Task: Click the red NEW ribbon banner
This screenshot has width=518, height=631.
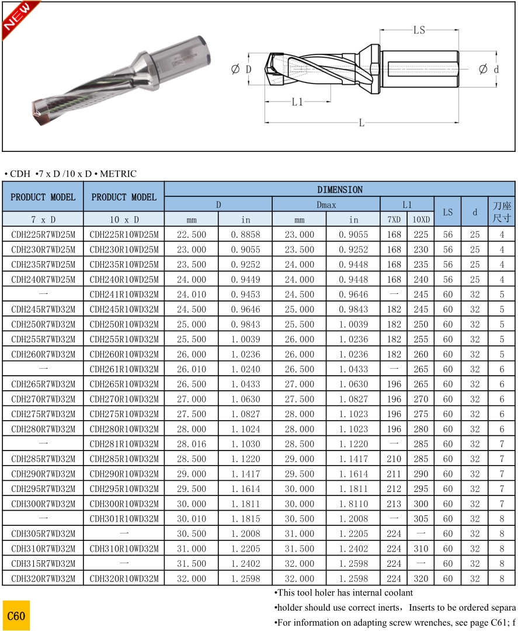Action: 19,19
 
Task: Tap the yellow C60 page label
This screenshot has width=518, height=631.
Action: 16,616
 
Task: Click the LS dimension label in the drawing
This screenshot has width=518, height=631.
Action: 419,30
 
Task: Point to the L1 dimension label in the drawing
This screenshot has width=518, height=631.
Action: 297,102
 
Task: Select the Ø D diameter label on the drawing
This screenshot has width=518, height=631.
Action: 241,70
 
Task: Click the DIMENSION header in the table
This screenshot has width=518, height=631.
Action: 339,189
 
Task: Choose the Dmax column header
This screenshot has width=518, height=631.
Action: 326,204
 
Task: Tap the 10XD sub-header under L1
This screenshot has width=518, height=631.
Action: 420,220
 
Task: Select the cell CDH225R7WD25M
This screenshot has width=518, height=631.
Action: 43,235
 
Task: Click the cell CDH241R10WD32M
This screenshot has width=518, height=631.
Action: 124,294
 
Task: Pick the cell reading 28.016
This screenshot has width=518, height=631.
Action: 191,444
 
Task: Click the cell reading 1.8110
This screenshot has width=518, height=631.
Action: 353,504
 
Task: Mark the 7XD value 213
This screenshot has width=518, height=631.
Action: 394,504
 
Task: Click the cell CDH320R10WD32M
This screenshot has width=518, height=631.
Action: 124,578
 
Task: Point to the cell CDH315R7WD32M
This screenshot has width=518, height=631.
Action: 43,564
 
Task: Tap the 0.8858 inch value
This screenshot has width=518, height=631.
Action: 245,235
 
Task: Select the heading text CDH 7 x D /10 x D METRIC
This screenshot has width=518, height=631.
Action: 70,174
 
